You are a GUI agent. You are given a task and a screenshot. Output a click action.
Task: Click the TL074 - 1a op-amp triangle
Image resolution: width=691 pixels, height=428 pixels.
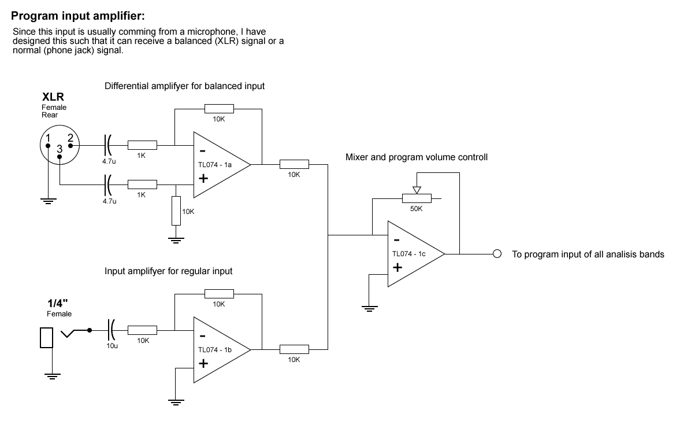click(x=217, y=165)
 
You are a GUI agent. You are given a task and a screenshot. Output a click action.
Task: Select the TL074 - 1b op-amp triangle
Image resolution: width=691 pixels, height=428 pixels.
click(x=217, y=350)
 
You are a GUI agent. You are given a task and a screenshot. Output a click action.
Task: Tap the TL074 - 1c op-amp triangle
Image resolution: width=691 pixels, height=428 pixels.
click(x=411, y=254)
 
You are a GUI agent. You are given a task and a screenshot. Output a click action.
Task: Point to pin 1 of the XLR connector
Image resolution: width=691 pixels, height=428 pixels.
click(x=49, y=138)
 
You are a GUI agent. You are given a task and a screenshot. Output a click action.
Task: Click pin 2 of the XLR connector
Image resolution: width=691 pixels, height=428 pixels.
click(x=70, y=138)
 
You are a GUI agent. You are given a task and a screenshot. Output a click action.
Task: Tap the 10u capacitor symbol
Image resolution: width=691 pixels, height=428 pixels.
click(x=111, y=330)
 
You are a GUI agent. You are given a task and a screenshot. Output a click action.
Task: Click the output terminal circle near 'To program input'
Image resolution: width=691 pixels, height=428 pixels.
click(x=496, y=254)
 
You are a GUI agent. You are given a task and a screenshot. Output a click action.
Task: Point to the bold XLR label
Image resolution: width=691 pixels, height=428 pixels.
click(x=53, y=97)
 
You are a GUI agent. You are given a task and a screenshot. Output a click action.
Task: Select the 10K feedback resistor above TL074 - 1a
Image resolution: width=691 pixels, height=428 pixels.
click(x=218, y=109)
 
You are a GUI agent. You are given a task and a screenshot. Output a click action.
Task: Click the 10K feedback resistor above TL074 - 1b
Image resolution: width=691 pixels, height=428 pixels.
click(x=218, y=294)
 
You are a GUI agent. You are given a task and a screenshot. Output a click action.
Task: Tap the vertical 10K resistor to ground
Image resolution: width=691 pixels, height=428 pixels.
click(x=176, y=211)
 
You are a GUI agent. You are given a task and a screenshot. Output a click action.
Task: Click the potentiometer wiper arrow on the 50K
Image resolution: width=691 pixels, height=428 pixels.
click(x=417, y=189)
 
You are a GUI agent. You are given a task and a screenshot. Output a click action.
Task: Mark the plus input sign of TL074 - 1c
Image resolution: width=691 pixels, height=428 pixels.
click(x=397, y=268)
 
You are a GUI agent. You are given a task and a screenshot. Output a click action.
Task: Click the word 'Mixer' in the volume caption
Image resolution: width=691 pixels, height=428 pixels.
click(x=356, y=157)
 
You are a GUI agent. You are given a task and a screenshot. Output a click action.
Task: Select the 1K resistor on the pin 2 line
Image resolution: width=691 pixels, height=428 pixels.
click(x=142, y=145)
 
